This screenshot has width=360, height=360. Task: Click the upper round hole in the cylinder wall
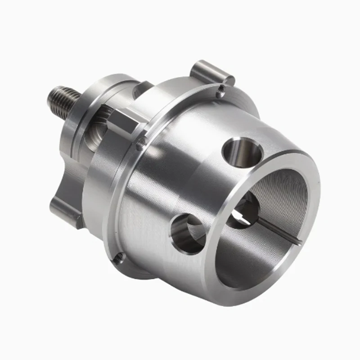click(243, 152)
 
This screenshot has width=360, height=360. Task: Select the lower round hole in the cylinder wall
click(188, 232)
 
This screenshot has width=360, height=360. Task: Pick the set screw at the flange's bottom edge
click(119, 257)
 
